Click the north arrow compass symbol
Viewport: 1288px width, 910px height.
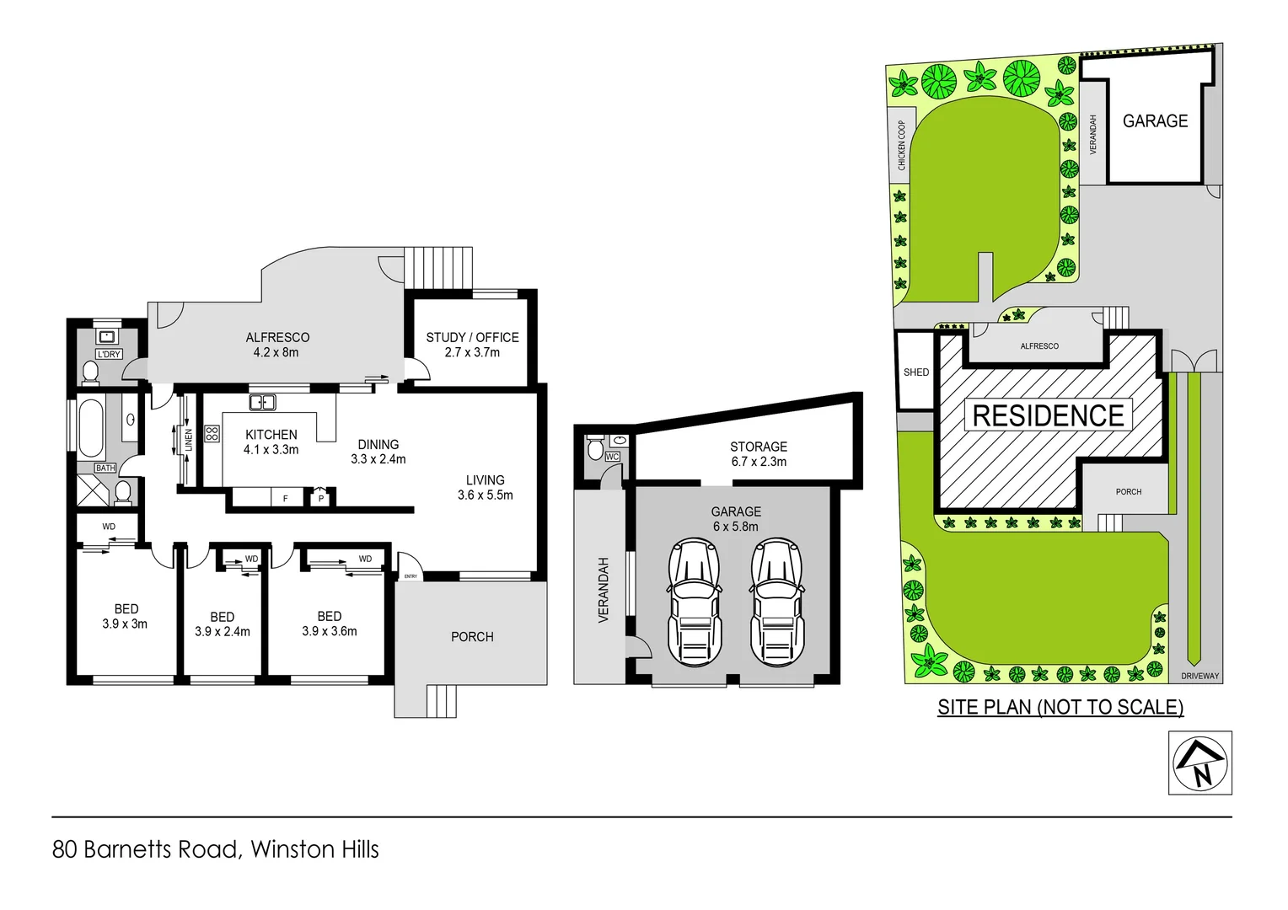[x=1199, y=763]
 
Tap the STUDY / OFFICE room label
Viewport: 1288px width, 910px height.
[x=472, y=345]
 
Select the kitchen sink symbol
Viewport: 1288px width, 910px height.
[x=262, y=402]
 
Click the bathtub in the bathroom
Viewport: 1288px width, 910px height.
[x=91, y=427]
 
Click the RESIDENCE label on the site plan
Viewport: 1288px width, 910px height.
[x=1048, y=415]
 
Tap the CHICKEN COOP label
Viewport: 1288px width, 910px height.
[x=901, y=145]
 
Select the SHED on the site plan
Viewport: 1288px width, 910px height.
[x=915, y=372]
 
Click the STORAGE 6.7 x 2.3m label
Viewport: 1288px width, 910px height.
[x=759, y=454]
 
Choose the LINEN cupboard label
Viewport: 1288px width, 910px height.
[x=189, y=440]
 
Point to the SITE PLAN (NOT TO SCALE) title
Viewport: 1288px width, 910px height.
[x=1060, y=707]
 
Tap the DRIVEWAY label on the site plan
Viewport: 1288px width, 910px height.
[x=1199, y=676]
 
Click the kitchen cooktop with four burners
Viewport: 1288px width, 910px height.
[x=212, y=433]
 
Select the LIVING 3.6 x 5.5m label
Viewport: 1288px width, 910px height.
[x=485, y=487]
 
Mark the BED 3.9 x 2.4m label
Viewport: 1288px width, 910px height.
[x=222, y=624]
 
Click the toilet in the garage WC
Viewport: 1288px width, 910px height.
[x=595, y=448]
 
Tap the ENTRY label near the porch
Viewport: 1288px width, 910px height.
[x=411, y=576]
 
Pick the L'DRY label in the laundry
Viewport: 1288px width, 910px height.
[x=109, y=355]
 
